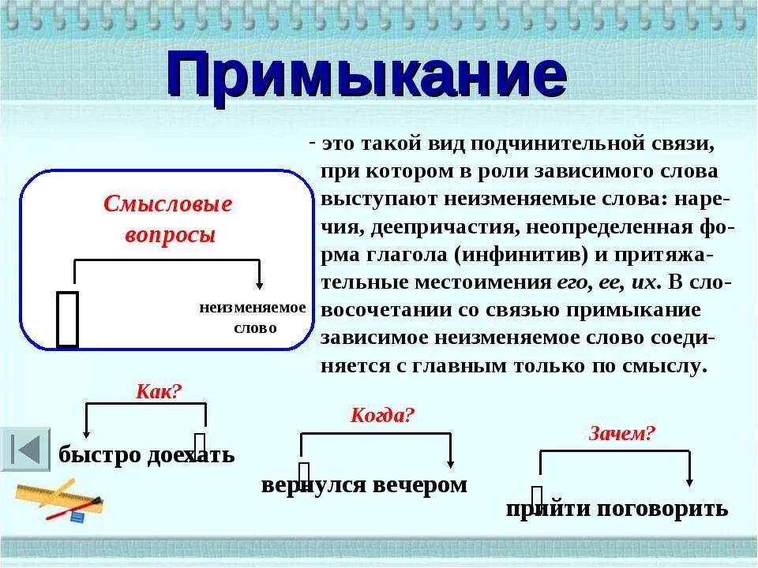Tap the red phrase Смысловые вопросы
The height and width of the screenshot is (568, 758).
pos(168,219)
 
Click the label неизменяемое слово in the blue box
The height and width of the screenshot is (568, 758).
pos(253,317)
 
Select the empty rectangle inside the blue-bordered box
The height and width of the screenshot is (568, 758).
pos(68,319)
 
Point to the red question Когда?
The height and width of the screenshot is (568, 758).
pos(382,416)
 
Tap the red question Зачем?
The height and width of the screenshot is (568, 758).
pos(622,432)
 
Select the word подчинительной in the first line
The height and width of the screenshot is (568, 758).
pos(554,144)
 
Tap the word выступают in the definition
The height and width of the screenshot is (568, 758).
pos(371,200)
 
